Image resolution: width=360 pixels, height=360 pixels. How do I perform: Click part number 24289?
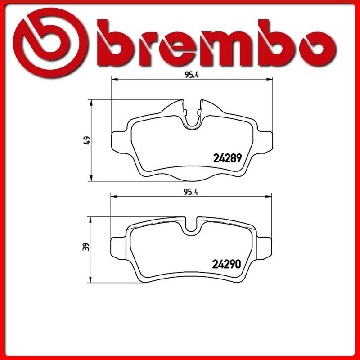pos(228,158)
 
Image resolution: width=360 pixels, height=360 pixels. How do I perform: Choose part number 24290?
pos(228,264)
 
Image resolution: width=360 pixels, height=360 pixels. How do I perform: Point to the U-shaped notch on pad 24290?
pos(193,225)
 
